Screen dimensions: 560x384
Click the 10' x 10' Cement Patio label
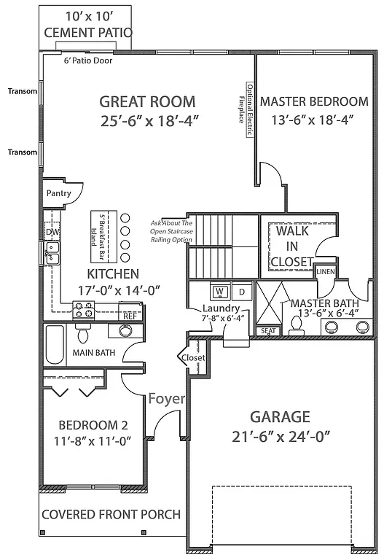[x=88, y=25]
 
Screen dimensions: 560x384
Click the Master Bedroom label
[x=314, y=101]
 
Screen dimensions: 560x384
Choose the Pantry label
[x=58, y=193]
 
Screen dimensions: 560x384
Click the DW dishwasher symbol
[x=52, y=232]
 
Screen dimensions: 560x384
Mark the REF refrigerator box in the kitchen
[x=129, y=316]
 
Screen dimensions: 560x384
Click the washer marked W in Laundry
[x=218, y=292]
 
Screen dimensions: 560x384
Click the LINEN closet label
[x=325, y=271]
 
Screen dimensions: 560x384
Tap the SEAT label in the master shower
[x=268, y=331]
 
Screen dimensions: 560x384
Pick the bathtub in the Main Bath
[x=55, y=346]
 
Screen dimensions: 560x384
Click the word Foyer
[x=167, y=399]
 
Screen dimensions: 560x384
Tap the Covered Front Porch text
[x=111, y=514]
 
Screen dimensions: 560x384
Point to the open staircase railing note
[x=172, y=231]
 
